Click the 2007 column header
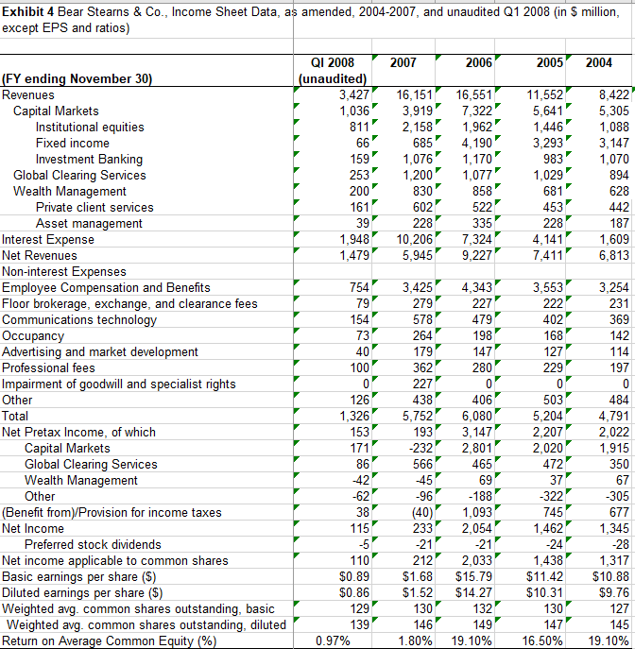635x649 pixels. pos(403,62)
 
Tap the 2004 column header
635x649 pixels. pos(598,62)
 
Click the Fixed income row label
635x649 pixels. pos(77,143)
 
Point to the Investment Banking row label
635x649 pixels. pos(89,159)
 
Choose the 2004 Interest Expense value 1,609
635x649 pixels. pos(608,239)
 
